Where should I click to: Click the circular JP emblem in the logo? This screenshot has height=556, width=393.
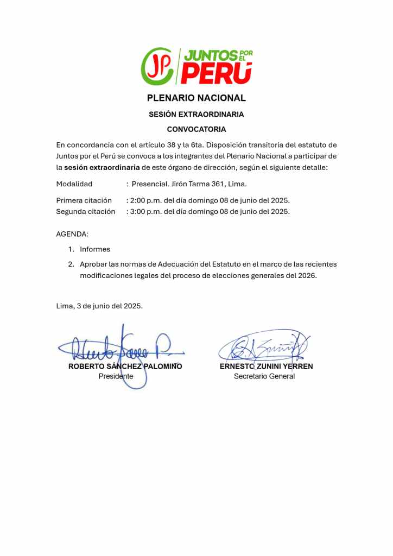[157, 66]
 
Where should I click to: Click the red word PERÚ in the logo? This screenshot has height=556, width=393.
[217, 73]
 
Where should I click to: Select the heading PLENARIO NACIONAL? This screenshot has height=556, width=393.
[196, 98]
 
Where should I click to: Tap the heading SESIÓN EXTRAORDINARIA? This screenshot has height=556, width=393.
[196, 115]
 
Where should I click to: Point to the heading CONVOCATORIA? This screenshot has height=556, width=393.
[196, 129]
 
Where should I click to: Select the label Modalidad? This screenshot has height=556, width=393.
[74, 184]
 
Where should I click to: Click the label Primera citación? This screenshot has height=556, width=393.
[84, 200]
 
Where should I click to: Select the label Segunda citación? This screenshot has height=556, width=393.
[86, 211]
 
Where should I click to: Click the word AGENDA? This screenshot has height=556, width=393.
[72, 234]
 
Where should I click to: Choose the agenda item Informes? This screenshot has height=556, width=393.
[95, 249]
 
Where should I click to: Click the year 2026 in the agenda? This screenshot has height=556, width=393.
[307, 275]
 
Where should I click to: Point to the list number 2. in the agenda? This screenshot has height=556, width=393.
[71, 264]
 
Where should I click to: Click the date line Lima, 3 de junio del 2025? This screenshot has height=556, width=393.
[99, 306]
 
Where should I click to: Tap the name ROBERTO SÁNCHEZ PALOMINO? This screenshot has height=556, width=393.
[125, 367]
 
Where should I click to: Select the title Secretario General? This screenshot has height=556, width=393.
[264, 376]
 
